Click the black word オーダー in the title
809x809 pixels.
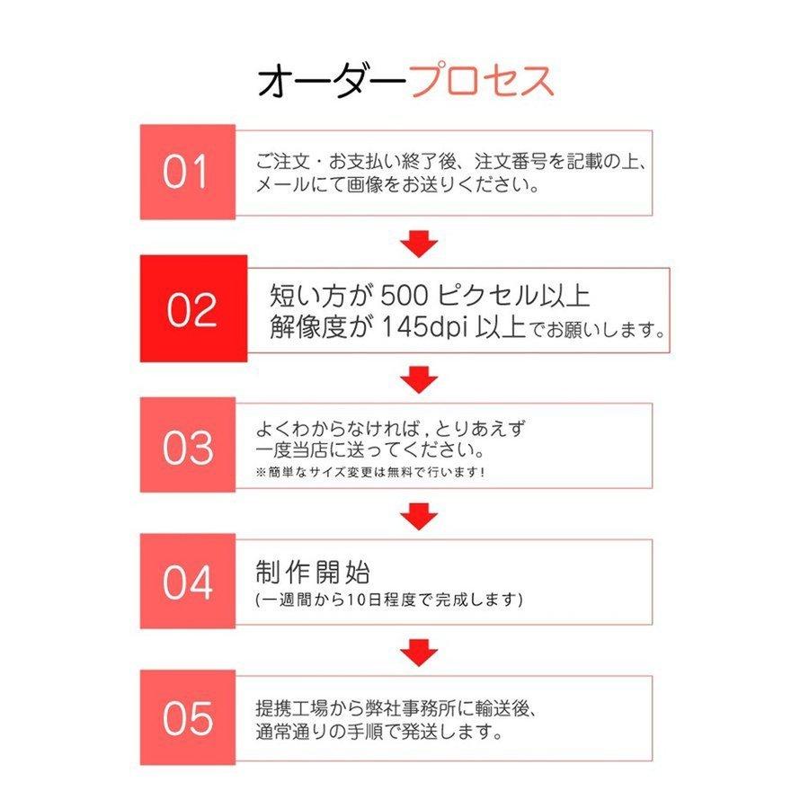pyautogui.click(x=333, y=81)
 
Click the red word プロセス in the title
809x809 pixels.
pyautogui.click(x=482, y=81)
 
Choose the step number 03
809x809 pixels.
pyautogui.click(x=188, y=448)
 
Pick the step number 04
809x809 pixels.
pyautogui.click(x=188, y=582)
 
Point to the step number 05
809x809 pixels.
pyautogui.click(x=188, y=718)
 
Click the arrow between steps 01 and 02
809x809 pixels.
pyautogui.click(x=419, y=243)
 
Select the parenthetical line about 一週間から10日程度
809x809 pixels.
pyautogui.click(x=388, y=599)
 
